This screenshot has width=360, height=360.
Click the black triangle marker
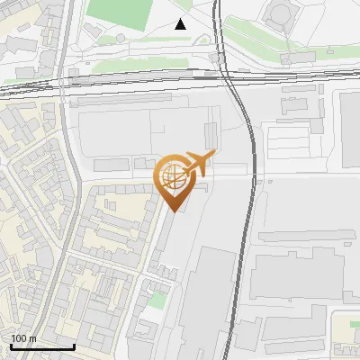click(181, 24)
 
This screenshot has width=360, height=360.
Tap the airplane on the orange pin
click(198, 163)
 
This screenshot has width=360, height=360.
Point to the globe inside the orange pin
click(174, 178)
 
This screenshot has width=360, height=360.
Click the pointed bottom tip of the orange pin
click(174, 211)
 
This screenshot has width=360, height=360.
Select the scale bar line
click(42, 346)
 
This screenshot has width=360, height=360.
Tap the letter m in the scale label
click(33, 338)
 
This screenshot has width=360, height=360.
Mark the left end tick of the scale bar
click(11, 345)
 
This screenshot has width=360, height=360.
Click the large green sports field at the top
click(121, 13)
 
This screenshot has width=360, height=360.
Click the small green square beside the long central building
click(159, 300)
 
